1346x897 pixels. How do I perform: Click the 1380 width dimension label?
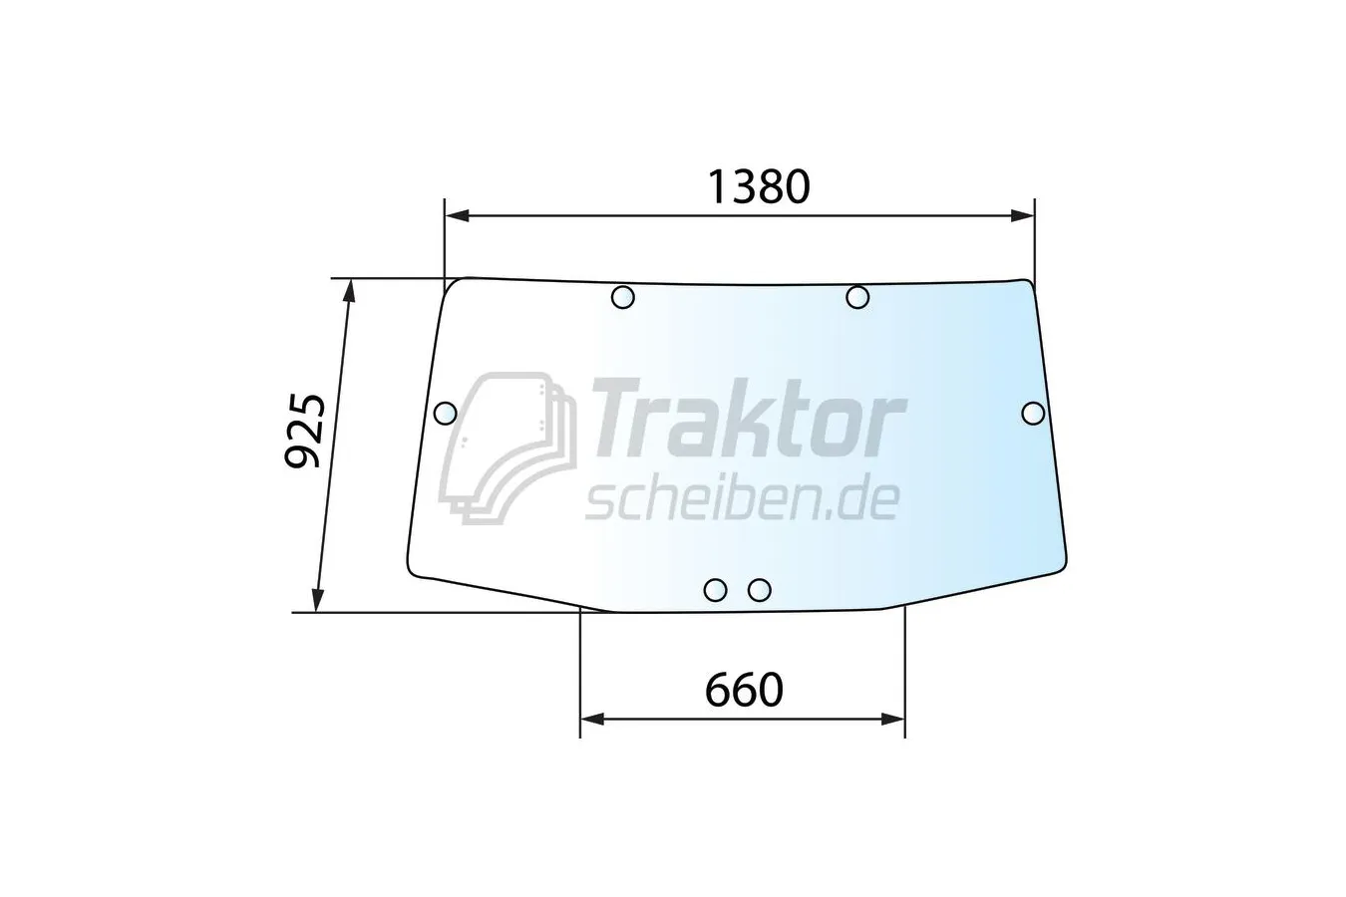[760, 186]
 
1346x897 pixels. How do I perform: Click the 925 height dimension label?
[305, 431]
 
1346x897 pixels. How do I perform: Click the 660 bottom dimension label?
[744, 690]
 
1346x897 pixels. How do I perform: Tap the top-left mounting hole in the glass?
[622, 297]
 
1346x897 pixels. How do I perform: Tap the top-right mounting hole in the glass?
[857, 297]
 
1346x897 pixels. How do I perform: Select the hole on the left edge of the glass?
[445, 414]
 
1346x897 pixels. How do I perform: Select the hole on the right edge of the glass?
[1033, 414]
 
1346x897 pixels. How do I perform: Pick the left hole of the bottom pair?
[715, 590]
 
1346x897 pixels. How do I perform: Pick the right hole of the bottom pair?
[760, 590]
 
